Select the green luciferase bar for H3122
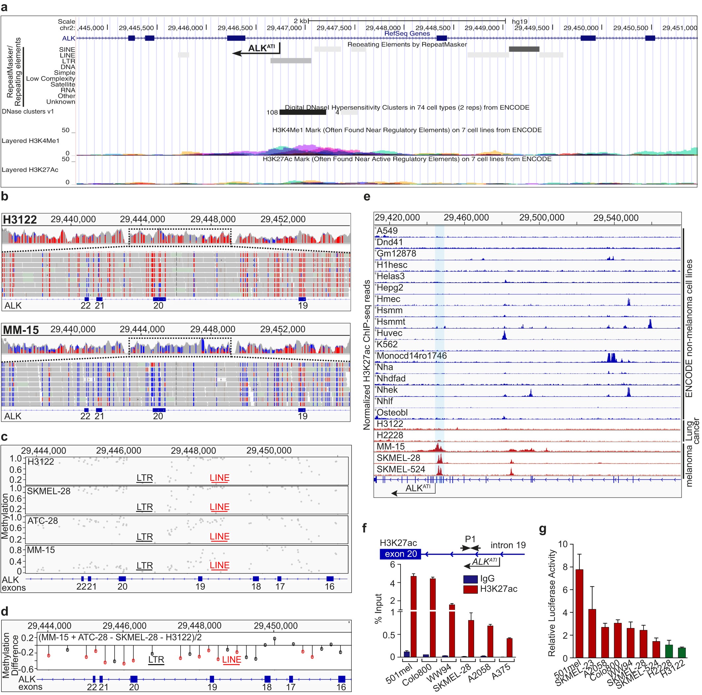pos(682,652)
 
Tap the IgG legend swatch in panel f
pos(470,579)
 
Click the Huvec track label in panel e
pos(389,333)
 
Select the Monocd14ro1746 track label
pos(411,356)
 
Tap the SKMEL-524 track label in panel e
pos(401,469)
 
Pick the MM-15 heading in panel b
pos(21,330)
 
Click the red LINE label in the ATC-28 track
pos(220,537)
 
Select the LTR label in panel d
pos(156,659)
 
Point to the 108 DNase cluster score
pos(272,113)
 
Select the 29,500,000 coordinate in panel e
pos(542,218)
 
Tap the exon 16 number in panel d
pos(341,687)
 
